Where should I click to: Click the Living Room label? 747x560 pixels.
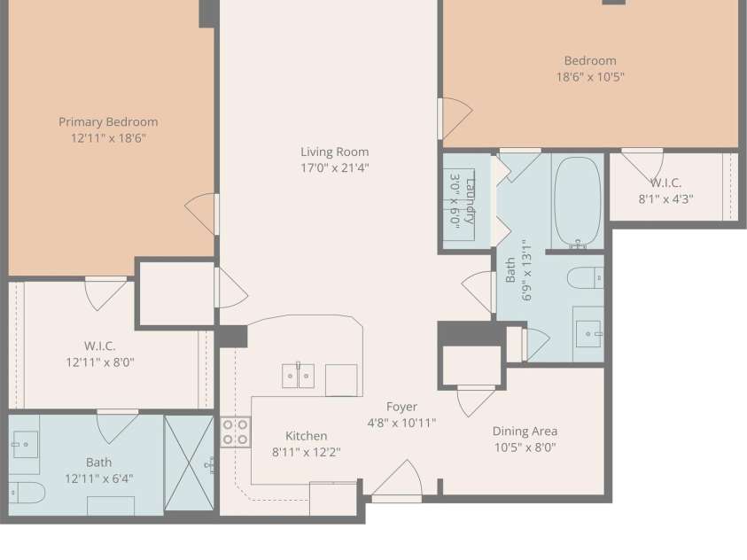click(x=334, y=152)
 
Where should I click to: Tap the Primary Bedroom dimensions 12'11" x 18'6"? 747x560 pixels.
click(x=108, y=138)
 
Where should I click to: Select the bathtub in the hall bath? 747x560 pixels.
click(x=578, y=202)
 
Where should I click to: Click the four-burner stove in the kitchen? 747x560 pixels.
click(x=236, y=432)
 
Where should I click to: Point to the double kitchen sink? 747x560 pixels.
click(x=299, y=376)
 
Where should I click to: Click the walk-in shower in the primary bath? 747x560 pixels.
click(x=189, y=463)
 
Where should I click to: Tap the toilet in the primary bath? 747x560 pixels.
click(x=27, y=493)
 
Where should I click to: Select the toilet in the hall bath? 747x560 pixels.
click(x=586, y=278)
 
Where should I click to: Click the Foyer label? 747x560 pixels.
click(x=401, y=407)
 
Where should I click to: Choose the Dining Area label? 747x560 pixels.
click(x=525, y=432)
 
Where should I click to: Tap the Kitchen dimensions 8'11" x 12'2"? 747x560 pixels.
click(x=307, y=452)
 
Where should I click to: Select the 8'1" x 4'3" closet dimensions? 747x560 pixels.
click(x=665, y=199)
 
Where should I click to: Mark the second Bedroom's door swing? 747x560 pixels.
click(x=455, y=118)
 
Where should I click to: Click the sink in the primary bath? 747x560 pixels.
click(x=26, y=443)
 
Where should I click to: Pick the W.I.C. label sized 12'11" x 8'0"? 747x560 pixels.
click(x=99, y=346)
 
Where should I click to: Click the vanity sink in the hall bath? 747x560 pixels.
click(x=587, y=334)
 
